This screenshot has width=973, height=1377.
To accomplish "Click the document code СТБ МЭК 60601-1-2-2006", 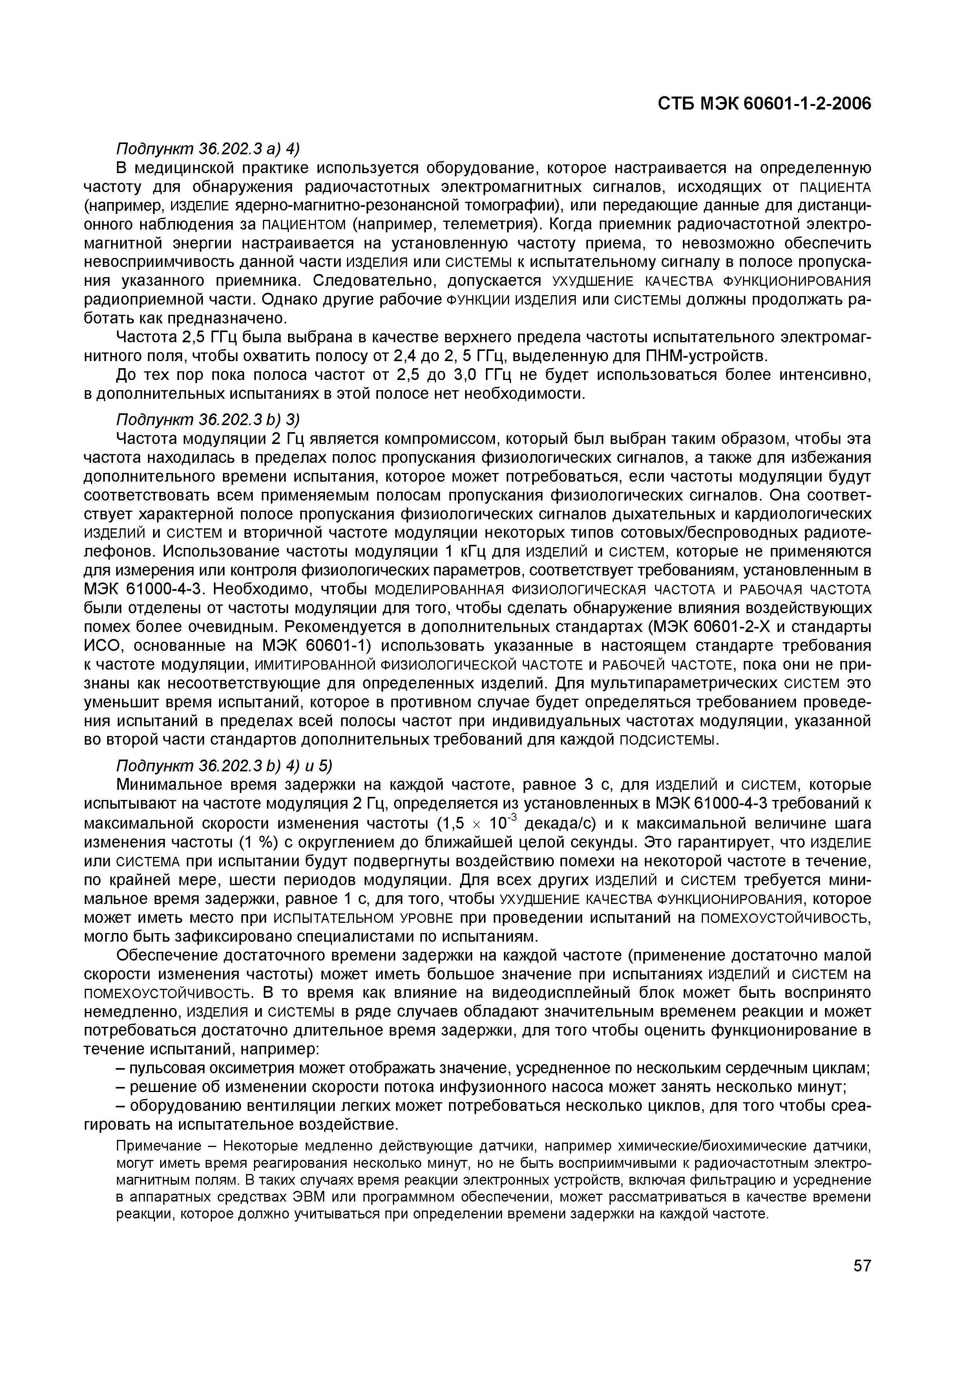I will coord(764,104).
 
